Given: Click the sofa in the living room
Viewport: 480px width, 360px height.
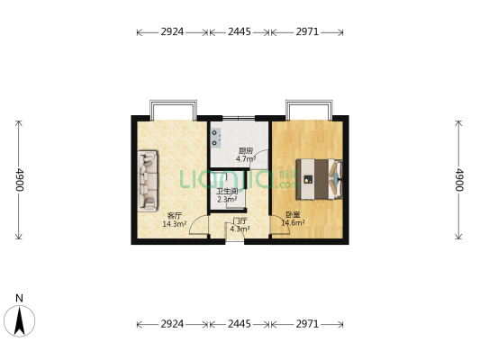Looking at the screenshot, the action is (x=148, y=181).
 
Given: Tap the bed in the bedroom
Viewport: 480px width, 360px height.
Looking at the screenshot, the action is (x=319, y=179).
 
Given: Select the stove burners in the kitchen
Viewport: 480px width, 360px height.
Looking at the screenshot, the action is (x=215, y=138).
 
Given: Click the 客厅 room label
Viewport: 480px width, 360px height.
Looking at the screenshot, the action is (x=175, y=215).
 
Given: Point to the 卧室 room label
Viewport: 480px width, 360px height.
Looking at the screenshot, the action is (x=293, y=215).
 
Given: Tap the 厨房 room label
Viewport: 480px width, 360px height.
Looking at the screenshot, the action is (x=246, y=151).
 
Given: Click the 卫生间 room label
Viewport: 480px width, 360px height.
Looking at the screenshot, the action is (x=228, y=192).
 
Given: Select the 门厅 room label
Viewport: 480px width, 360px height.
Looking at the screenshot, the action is (x=240, y=220).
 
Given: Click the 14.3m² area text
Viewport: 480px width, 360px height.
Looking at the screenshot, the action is (x=175, y=224).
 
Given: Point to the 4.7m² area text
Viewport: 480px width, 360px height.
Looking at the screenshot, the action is (x=246, y=159).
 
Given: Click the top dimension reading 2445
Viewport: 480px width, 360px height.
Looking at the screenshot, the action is (x=240, y=31).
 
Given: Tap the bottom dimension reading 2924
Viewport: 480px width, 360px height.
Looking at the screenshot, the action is (x=172, y=324).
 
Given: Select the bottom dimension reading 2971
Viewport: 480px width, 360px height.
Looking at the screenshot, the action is (x=307, y=324).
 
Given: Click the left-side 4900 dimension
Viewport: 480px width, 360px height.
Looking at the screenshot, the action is (x=19, y=179).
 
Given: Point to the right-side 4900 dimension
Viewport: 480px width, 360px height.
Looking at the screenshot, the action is (x=458, y=179).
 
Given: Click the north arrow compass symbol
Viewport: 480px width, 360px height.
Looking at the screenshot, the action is (x=20, y=320).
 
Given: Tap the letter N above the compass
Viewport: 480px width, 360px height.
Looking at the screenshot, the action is (x=19, y=298).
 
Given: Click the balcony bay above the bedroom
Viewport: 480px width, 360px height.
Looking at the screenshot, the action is (x=309, y=110).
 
